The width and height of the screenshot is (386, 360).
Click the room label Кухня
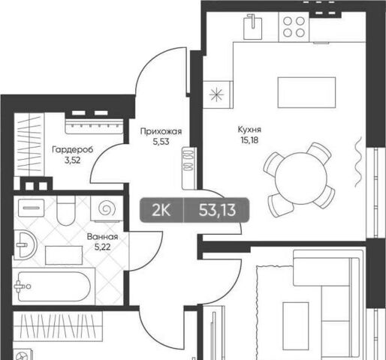pos(249,130)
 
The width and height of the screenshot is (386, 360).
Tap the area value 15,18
pos(249,140)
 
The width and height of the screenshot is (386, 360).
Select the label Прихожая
pos(161,131)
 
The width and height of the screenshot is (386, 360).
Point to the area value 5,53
pos(161,142)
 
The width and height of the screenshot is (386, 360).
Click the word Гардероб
pos(73,150)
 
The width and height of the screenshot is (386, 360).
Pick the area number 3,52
pos(73,160)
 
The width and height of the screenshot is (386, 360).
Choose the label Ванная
pos(102,236)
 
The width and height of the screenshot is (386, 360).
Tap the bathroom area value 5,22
pos(102,247)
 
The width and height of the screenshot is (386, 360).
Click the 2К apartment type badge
pos(161,210)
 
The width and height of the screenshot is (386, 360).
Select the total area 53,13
pos(217,210)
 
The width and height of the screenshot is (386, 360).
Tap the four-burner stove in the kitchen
pos(294,27)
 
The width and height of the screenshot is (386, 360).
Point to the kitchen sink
pos(253,27)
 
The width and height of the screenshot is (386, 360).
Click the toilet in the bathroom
pos(66,211)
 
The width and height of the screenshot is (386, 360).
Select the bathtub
pos(54,286)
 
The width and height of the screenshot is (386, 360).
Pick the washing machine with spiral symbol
pos(107,208)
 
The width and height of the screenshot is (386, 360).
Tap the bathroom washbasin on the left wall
pos(25,245)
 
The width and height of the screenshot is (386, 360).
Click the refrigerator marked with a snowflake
pos(217,94)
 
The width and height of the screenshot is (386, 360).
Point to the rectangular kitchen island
pos(306,92)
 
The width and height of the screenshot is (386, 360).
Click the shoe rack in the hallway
pos(188,168)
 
